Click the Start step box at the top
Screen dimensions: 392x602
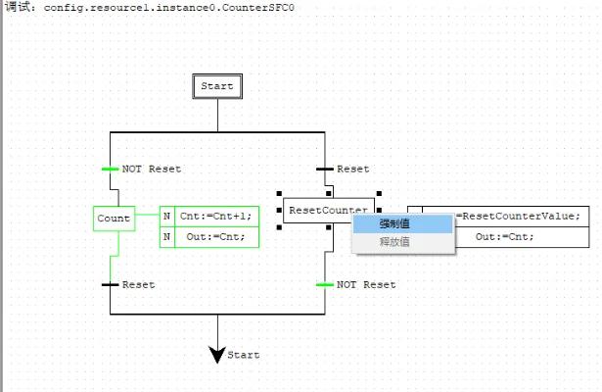[x=217, y=86]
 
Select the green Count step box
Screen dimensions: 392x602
[x=114, y=218]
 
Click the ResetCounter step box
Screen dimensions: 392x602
[x=328, y=210]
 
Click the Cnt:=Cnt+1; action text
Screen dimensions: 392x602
[x=216, y=217]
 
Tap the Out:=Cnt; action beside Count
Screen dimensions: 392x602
[x=216, y=236]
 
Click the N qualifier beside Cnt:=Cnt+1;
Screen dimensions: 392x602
[x=166, y=217]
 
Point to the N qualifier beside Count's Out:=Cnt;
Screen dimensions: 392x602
[x=166, y=236]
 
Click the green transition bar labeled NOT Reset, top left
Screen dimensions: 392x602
[x=110, y=169]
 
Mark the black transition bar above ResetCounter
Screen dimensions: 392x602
[x=325, y=169]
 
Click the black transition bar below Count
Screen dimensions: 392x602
[x=110, y=285]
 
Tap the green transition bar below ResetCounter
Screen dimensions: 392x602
[x=325, y=285]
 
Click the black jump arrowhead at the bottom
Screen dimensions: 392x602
[x=218, y=354]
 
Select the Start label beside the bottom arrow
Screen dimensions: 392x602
[x=244, y=355]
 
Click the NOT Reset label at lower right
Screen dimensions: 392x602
[x=366, y=285]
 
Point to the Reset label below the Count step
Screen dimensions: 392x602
[x=138, y=285]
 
